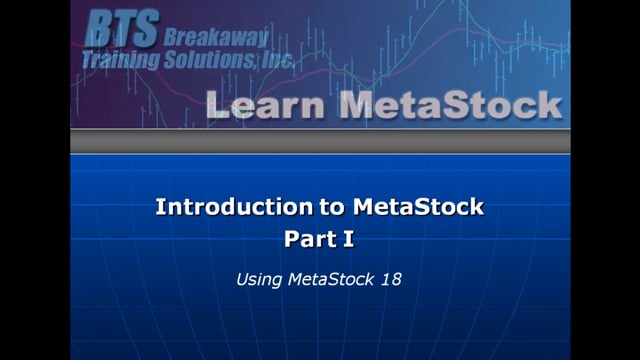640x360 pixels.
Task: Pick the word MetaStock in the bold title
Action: (x=417, y=207)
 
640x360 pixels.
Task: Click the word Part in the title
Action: (x=307, y=240)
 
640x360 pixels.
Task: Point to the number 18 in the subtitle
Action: (x=392, y=281)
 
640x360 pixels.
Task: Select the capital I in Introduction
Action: (x=159, y=207)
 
